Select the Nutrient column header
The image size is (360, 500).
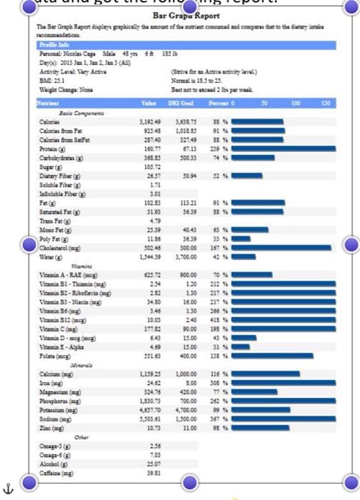tap(51, 104)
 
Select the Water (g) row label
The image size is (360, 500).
tap(54, 256)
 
